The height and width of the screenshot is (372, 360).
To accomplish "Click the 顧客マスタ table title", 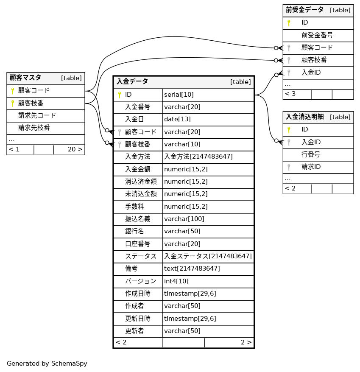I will (25, 78).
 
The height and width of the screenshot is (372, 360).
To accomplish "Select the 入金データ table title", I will (132, 81).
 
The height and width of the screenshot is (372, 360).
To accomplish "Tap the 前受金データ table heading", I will (304, 10).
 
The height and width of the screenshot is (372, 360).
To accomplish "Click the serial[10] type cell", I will (179, 95).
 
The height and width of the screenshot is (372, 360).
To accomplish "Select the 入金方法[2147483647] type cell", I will (198, 157).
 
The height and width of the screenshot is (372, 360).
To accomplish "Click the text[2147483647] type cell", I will (192, 269).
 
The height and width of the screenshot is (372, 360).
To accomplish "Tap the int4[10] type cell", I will (176, 281).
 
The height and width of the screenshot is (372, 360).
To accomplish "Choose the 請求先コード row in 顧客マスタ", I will (37, 115).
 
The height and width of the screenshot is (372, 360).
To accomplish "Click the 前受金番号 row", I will (317, 35).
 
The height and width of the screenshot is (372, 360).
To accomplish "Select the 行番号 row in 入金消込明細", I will (311, 154).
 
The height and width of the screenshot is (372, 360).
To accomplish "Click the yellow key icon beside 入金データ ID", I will (120, 95).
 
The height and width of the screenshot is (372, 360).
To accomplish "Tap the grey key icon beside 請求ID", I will (289, 167).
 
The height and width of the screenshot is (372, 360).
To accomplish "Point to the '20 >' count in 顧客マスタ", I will (75, 149).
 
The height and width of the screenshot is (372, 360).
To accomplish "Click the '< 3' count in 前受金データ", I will (290, 94).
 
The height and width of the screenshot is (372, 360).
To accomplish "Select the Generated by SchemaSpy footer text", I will (47, 364).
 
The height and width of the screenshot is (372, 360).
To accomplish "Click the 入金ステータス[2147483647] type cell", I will (208, 256).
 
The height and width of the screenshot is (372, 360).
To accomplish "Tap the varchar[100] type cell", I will (184, 219).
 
